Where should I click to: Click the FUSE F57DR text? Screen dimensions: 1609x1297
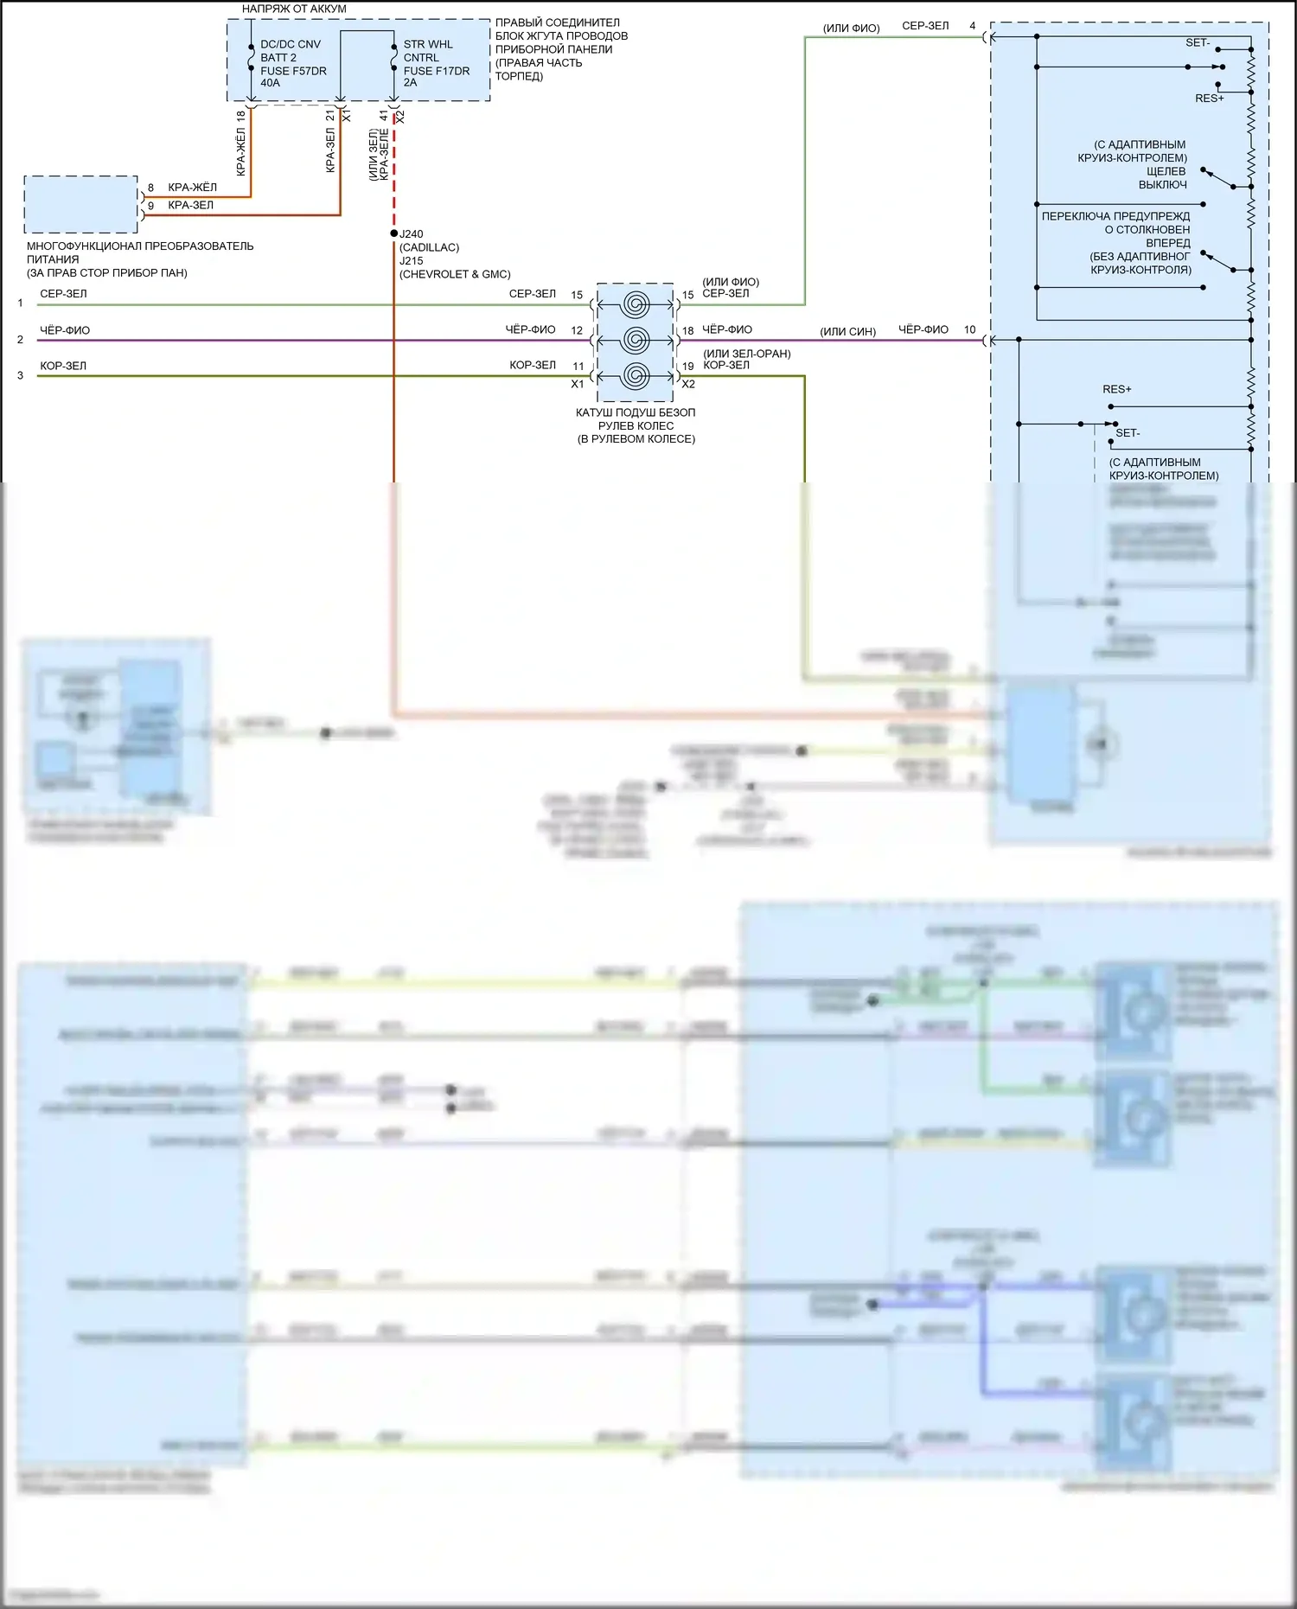click(293, 71)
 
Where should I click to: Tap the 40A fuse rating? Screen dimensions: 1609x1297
click(270, 83)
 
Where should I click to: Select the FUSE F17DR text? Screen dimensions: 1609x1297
click(436, 71)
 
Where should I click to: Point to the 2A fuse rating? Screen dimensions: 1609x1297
click(410, 83)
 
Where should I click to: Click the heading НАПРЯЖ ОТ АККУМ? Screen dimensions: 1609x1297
click(294, 9)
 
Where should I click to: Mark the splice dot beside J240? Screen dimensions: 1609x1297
click(393, 234)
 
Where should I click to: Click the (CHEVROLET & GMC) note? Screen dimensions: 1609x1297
click(455, 274)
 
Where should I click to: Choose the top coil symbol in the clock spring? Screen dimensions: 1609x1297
click(636, 304)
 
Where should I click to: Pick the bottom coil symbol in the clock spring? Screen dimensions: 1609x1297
click(636, 376)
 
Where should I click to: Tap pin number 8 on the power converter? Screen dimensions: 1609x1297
click(150, 188)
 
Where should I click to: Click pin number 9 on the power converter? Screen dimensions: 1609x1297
click(150, 206)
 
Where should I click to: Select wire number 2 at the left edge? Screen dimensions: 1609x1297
click(20, 340)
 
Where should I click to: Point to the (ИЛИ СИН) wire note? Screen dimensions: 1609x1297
click(847, 332)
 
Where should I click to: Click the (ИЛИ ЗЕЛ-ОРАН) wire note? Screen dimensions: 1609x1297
click(746, 354)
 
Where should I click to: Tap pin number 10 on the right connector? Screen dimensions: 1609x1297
click(969, 329)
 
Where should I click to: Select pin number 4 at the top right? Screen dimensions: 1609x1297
click(972, 26)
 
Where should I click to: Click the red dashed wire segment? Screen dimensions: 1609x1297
click(394, 173)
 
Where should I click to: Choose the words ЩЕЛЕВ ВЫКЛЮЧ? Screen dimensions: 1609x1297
click(1163, 178)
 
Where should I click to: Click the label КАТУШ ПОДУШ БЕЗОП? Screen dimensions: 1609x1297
click(636, 412)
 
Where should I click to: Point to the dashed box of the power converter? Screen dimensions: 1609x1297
click(80, 205)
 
